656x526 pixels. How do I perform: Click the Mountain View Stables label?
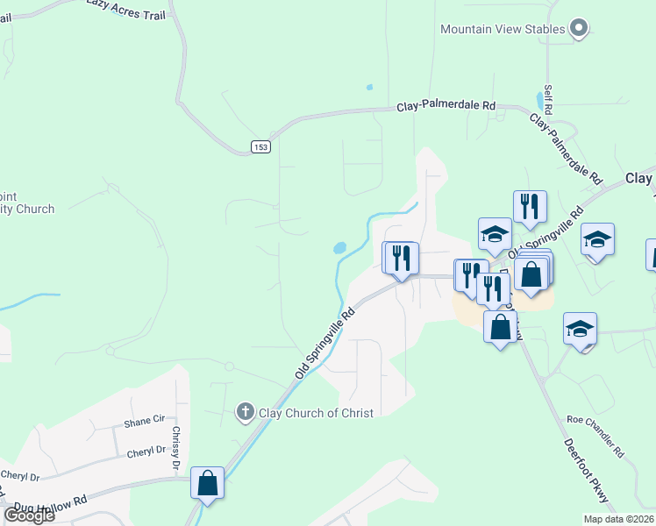[503, 29]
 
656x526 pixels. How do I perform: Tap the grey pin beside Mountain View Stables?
[578, 29]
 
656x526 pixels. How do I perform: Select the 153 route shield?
[260, 146]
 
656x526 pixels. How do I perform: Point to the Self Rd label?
[547, 100]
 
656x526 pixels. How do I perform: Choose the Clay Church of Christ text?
[316, 413]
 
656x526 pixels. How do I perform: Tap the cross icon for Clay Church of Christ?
[246, 412]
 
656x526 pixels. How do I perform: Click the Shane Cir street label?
[145, 421]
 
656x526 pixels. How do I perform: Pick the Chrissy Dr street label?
[176, 447]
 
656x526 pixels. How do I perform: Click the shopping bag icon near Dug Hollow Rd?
[208, 483]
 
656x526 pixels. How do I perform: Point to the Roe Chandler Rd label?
[595, 436]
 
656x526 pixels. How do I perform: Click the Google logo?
[29, 515]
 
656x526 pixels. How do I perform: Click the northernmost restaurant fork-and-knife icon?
[530, 207]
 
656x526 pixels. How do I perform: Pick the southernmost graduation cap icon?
[580, 329]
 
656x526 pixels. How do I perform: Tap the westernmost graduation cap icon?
[495, 234]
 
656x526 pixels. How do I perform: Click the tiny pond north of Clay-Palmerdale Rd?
[369, 88]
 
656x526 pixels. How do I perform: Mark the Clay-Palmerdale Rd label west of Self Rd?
[446, 105]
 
